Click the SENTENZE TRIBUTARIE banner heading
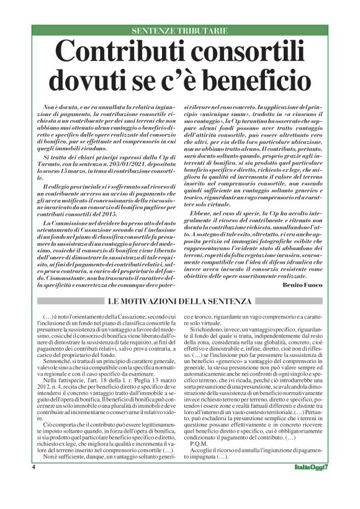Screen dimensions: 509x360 click(180, 30)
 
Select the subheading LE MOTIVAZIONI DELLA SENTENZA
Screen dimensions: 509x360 click(180, 301)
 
